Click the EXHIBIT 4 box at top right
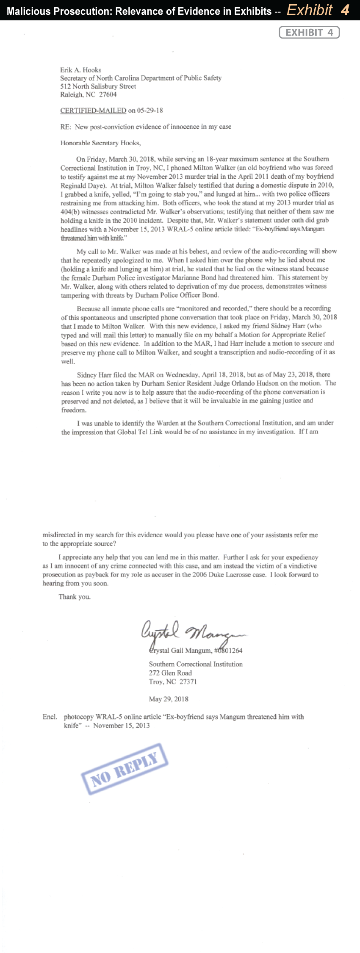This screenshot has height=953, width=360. point(309,33)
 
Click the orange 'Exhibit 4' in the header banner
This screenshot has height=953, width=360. point(318,10)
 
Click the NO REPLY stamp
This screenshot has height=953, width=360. point(125,768)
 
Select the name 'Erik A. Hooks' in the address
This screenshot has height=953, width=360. point(80,70)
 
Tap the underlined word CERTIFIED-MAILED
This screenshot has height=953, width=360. point(93,111)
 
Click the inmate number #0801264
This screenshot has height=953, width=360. point(228,651)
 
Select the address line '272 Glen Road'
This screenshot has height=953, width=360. point(170,673)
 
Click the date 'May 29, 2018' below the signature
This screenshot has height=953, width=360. point(169,699)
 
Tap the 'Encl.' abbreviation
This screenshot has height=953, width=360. point(50,717)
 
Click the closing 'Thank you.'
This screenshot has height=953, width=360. point(75,597)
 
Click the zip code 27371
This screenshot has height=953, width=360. point(188,682)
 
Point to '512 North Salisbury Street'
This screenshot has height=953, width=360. point(98,86)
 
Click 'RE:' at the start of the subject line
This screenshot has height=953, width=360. point(65,127)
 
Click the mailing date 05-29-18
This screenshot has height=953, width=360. point(150,111)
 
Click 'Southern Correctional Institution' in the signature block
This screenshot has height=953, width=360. point(196,664)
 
